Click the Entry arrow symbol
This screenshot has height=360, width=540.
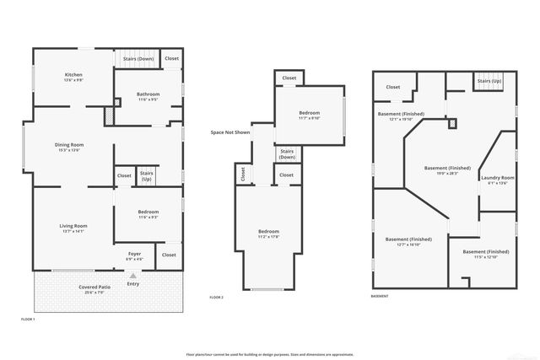[132, 276]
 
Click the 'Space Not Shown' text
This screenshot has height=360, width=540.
[230, 132]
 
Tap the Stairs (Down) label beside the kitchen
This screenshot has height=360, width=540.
[138, 59]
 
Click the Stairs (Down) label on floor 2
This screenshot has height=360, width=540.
[287, 154]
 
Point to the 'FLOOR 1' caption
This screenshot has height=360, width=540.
[28, 320]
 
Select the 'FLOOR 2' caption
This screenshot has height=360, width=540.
[217, 298]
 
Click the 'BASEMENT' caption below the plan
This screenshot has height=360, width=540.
[381, 297]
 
